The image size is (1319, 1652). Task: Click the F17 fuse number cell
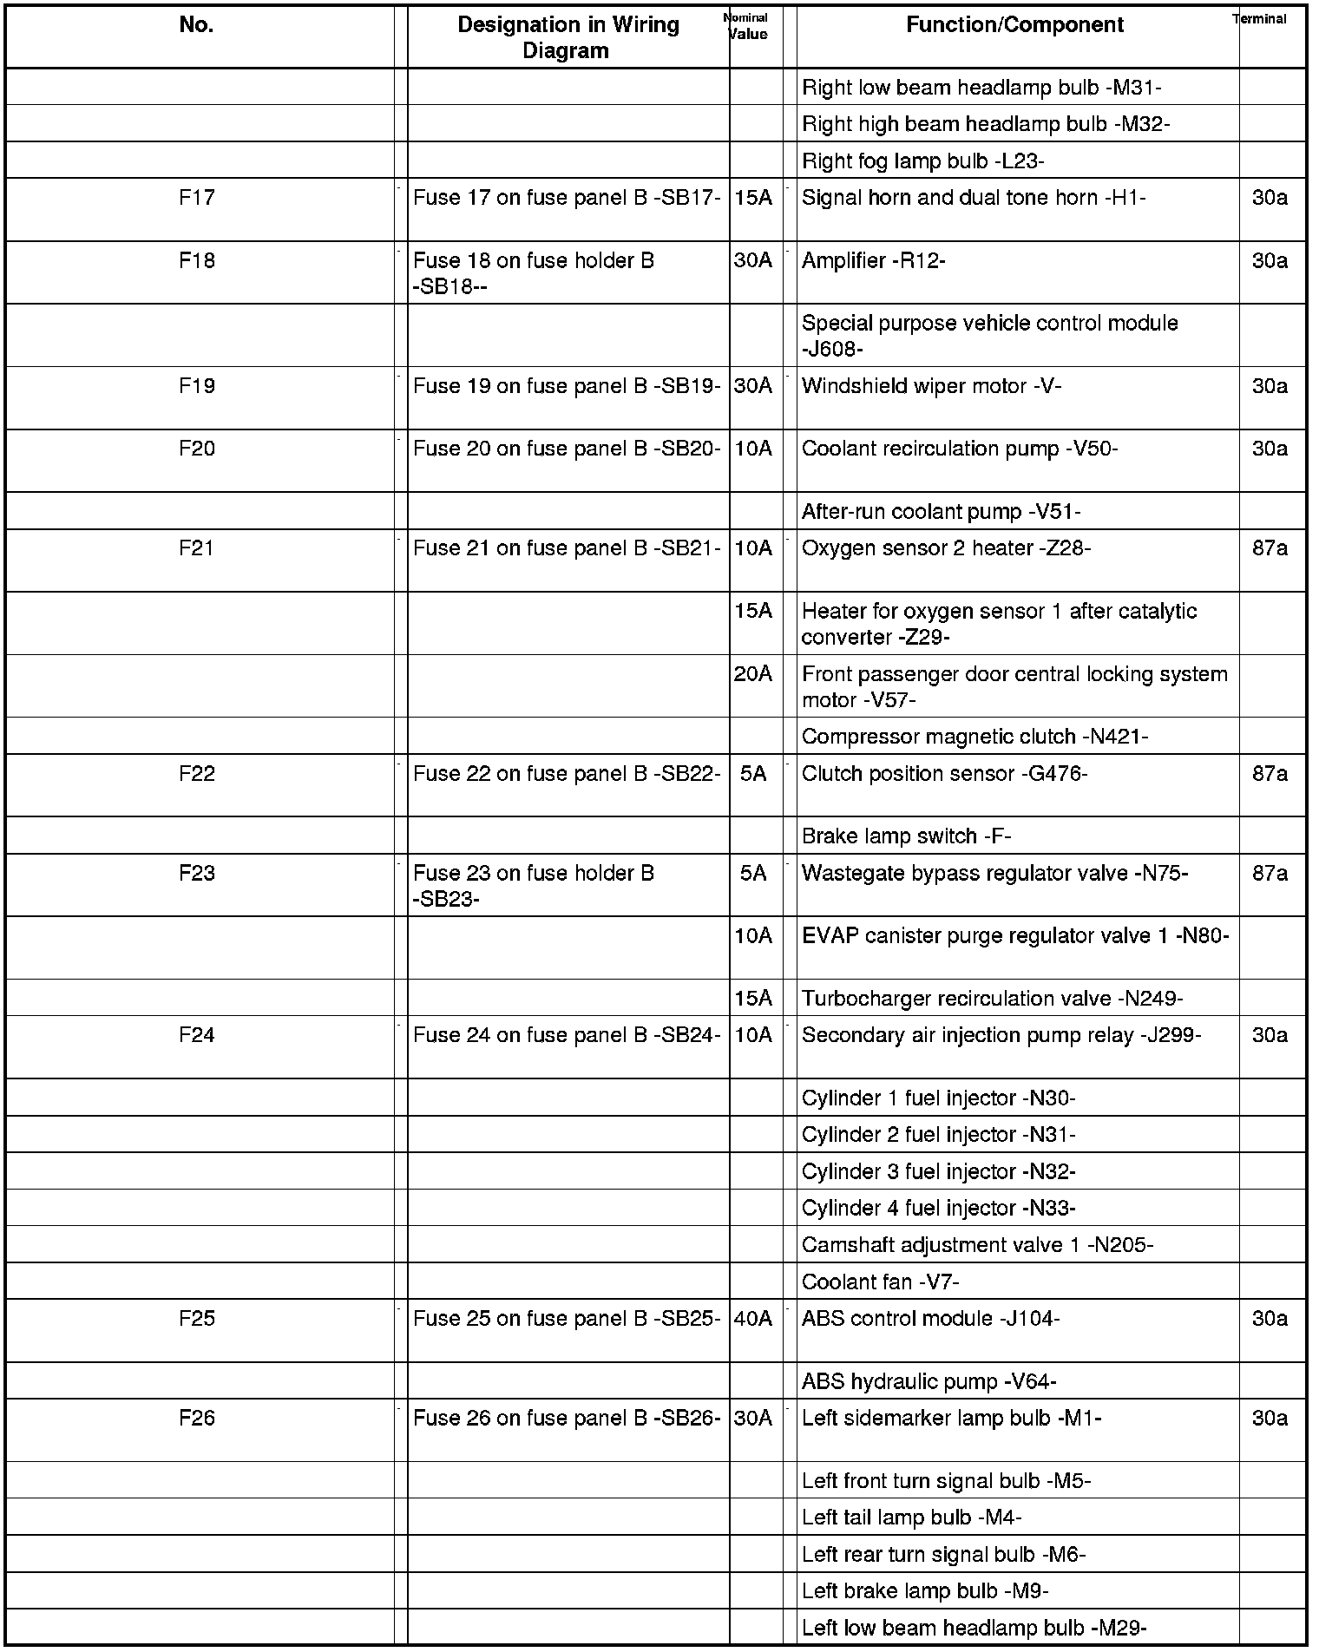(197, 198)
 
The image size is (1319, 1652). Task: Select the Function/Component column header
(1014, 25)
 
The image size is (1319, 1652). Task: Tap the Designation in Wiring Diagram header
(568, 37)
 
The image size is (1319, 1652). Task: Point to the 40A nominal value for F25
(752, 1319)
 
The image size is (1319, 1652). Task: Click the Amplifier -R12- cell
(873, 261)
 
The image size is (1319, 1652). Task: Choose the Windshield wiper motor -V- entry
(931, 386)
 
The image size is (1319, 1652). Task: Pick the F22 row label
(197, 774)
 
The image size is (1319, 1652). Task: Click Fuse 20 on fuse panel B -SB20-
(567, 449)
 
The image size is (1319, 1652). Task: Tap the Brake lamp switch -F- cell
(906, 836)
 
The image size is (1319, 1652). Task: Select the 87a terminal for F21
(1270, 548)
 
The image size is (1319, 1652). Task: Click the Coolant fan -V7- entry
(880, 1282)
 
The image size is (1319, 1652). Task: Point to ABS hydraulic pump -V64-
(929, 1381)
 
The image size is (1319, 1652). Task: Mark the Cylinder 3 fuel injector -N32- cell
(938, 1171)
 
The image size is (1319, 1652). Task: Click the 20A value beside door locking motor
(752, 674)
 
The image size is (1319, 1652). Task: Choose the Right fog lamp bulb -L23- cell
(922, 161)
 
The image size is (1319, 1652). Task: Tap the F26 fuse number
(197, 1418)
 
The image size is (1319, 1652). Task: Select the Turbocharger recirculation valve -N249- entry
(992, 999)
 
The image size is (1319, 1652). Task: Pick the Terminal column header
(1260, 19)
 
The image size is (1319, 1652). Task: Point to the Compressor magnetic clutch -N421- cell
(974, 737)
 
